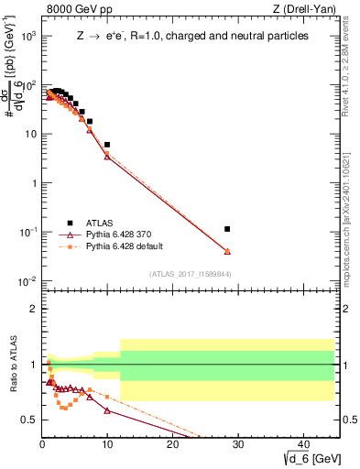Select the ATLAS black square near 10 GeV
pos(107,145)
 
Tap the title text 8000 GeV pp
pos(71,10)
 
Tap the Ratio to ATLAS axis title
pos(12,366)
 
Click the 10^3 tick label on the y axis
pos(27,36)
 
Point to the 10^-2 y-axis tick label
pos(27,281)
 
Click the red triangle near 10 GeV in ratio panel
pos(107,411)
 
